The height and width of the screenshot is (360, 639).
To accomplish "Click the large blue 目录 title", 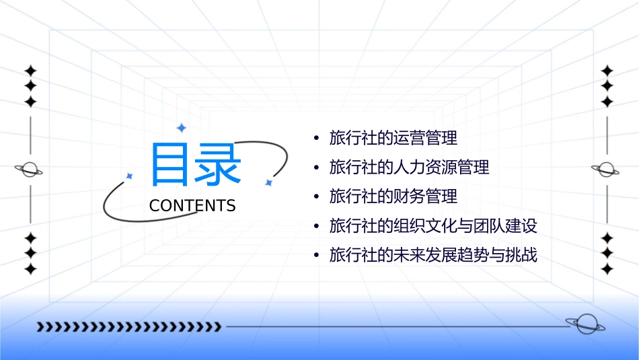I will pyautogui.click(x=195, y=164).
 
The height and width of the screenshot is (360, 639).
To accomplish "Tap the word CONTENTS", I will pyautogui.click(x=192, y=206).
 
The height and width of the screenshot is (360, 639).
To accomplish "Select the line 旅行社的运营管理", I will pyautogui.click(x=393, y=138).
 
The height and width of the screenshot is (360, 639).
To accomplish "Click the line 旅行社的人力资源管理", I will pyautogui.click(x=409, y=167).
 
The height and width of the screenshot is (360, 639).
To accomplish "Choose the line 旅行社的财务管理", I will pyautogui.click(x=393, y=196).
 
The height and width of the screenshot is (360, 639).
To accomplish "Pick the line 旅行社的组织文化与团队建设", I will pyautogui.click(x=433, y=226).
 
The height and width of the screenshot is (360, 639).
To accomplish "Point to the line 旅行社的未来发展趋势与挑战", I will pyautogui.click(x=433, y=256).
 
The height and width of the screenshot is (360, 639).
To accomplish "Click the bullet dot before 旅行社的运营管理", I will pyautogui.click(x=316, y=139).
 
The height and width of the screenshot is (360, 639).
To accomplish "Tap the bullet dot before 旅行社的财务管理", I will pyautogui.click(x=316, y=197).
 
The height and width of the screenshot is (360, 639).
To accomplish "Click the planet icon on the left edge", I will pyautogui.click(x=30, y=170).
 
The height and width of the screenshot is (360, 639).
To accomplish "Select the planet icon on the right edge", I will pyautogui.click(x=606, y=170).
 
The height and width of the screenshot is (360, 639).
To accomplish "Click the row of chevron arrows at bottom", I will pyautogui.click(x=128, y=327).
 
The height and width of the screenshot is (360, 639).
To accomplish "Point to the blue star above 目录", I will pyautogui.click(x=180, y=128).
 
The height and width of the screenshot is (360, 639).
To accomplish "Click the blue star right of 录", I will pyautogui.click(x=268, y=182).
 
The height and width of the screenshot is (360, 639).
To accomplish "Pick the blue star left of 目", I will pyautogui.click(x=130, y=176).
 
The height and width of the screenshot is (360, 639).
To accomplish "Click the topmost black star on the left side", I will pyautogui.click(x=30, y=71).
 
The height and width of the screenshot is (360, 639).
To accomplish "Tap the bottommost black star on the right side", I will pyautogui.click(x=607, y=269).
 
